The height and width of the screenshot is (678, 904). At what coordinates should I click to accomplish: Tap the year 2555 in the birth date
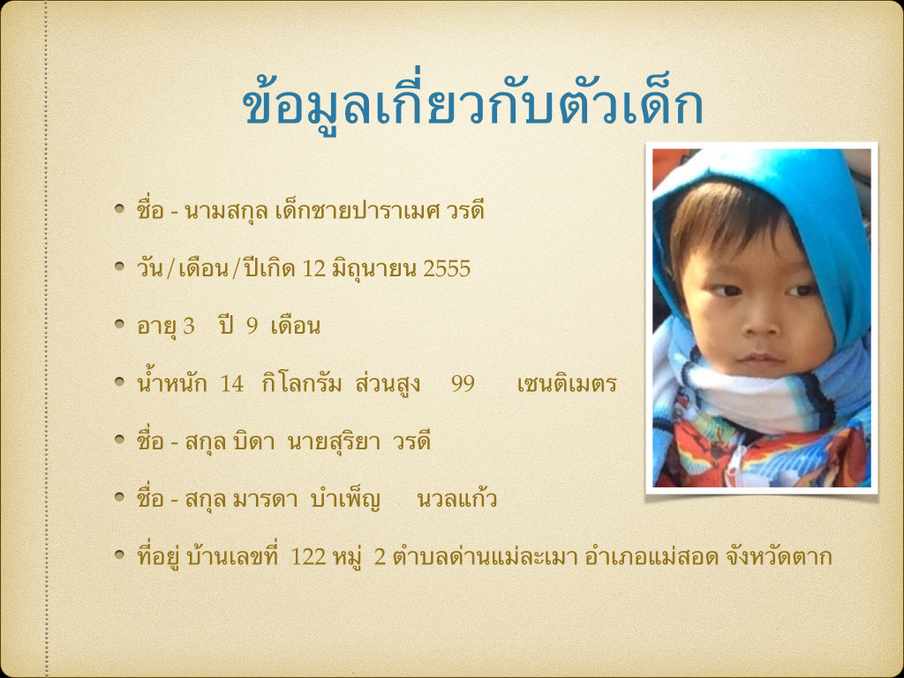click(447, 269)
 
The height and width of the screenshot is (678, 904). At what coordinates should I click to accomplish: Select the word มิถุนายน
click(374, 269)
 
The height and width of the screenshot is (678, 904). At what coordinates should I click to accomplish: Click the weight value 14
click(232, 384)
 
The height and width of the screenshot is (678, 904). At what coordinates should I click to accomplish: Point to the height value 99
click(463, 384)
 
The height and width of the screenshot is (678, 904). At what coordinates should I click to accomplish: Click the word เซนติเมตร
click(568, 384)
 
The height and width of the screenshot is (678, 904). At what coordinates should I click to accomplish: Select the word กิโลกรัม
click(302, 383)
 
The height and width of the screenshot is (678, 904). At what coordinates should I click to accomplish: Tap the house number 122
click(308, 557)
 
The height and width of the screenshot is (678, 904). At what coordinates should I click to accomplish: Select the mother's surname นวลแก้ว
click(456, 500)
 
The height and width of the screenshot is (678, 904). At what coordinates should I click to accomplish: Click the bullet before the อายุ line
click(119, 324)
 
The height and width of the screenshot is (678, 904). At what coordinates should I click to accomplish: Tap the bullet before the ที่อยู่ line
click(119, 554)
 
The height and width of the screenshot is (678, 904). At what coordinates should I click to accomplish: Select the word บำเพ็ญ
click(345, 501)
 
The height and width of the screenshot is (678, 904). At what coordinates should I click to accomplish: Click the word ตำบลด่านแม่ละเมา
click(485, 556)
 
